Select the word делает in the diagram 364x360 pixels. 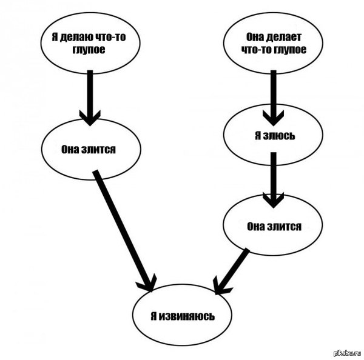[x=275, y=37]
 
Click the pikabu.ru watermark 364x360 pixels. [x=347, y=353]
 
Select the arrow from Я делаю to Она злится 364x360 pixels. [x=90, y=97]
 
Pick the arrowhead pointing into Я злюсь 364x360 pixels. [x=272, y=115]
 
